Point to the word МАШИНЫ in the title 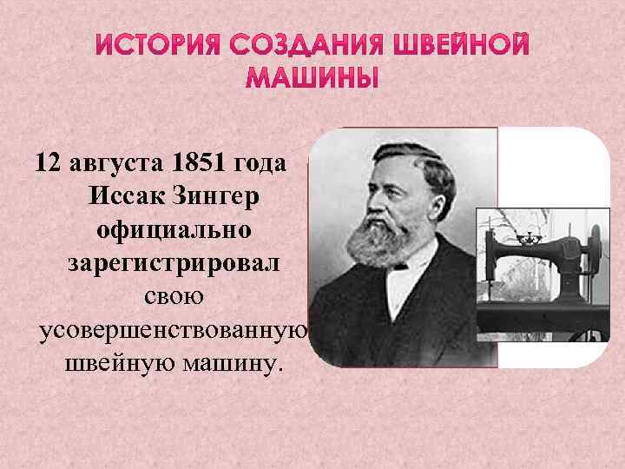pyautogui.click(x=312, y=81)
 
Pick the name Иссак pyautogui.click(x=128, y=197)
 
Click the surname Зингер pyautogui.click(x=222, y=198)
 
